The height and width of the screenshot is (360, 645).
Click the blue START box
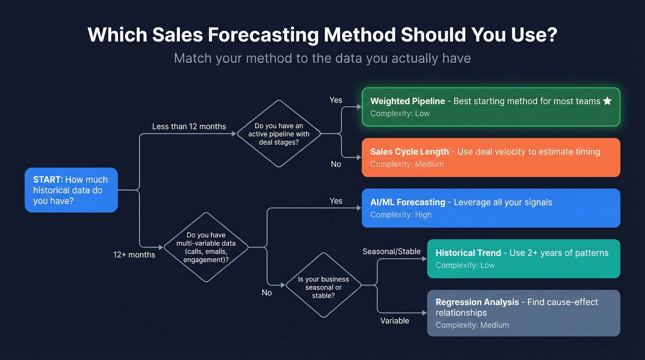pos(71,190)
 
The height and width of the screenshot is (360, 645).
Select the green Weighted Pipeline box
pos(491,107)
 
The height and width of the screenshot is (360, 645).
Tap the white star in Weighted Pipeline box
pos(607,101)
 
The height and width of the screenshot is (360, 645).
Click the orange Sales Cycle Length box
pos(491,157)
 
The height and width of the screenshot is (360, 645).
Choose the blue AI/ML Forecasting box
pos(491,208)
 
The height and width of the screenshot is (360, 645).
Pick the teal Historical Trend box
pos(523,259)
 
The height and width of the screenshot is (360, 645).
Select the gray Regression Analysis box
pos(523,313)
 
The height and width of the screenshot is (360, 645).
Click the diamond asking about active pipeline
pos(279,134)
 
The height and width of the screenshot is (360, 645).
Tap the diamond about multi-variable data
pos(206,248)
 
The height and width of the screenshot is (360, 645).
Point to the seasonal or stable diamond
pos(323,285)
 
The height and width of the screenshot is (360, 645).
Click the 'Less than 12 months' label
pos(189,126)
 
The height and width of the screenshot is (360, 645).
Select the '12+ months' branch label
pos(134,254)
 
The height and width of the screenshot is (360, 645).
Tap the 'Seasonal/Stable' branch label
pos(391,251)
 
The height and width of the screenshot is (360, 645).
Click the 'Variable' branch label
pos(394,321)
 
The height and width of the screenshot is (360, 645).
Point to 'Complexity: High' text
pos(401,214)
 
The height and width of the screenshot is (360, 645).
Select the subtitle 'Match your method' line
pos(322,58)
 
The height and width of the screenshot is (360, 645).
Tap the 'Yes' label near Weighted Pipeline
pos(336,100)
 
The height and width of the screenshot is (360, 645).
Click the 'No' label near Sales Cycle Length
pos(336,164)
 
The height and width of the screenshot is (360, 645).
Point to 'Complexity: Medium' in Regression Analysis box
pos(472,325)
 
